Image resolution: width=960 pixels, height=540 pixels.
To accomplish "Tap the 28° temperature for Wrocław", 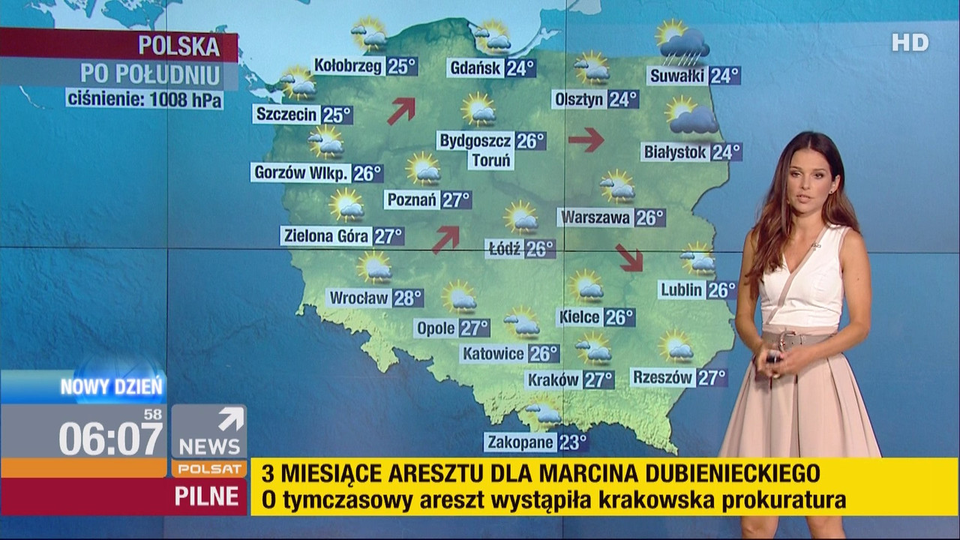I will click(x=408, y=298).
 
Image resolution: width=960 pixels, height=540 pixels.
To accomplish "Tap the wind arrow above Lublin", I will click(x=631, y=257).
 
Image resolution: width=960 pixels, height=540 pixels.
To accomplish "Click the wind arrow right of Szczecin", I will click(x=401, y=110).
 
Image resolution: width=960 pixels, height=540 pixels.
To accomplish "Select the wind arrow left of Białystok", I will click(x=586, y=139).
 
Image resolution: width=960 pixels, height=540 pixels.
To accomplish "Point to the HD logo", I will click(x=910, y=43).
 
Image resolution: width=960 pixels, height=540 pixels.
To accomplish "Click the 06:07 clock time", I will click(x=111, y=439).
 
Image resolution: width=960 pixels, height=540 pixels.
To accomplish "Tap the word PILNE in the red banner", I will click(x=206, y=496).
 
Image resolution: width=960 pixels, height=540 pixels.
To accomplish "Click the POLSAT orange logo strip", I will click(x=208, y=469).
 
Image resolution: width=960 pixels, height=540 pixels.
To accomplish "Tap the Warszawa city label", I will click(x=595, y=218).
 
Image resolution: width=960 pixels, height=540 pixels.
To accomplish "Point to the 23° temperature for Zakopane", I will click(x=572, y=442).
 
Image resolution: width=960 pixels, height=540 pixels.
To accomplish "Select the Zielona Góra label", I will click(x=326, y=236).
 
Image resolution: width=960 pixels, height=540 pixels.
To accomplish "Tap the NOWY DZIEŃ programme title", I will click(x=111, y=388).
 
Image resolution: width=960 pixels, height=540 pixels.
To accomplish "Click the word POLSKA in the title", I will click(x=178, y=46).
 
